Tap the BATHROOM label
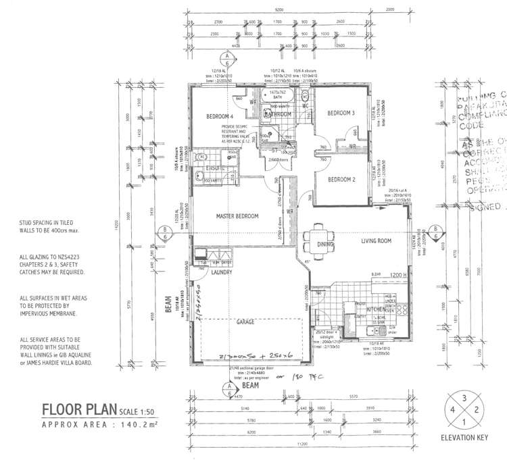(x=277, y=115)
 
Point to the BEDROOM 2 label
(x=341, y=180)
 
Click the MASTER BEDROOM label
(x=237, y=216)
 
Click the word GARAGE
(x=245, y=322)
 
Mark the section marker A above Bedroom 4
(x=228, y=55)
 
